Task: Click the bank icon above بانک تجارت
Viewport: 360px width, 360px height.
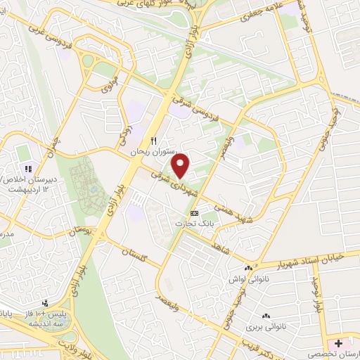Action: (x=195, y=213)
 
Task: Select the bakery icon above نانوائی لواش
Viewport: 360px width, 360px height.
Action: (x=247, y=268)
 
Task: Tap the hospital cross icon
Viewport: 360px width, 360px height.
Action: (x=340, y=344)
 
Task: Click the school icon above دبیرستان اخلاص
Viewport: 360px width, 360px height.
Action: (x=29, y=169)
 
